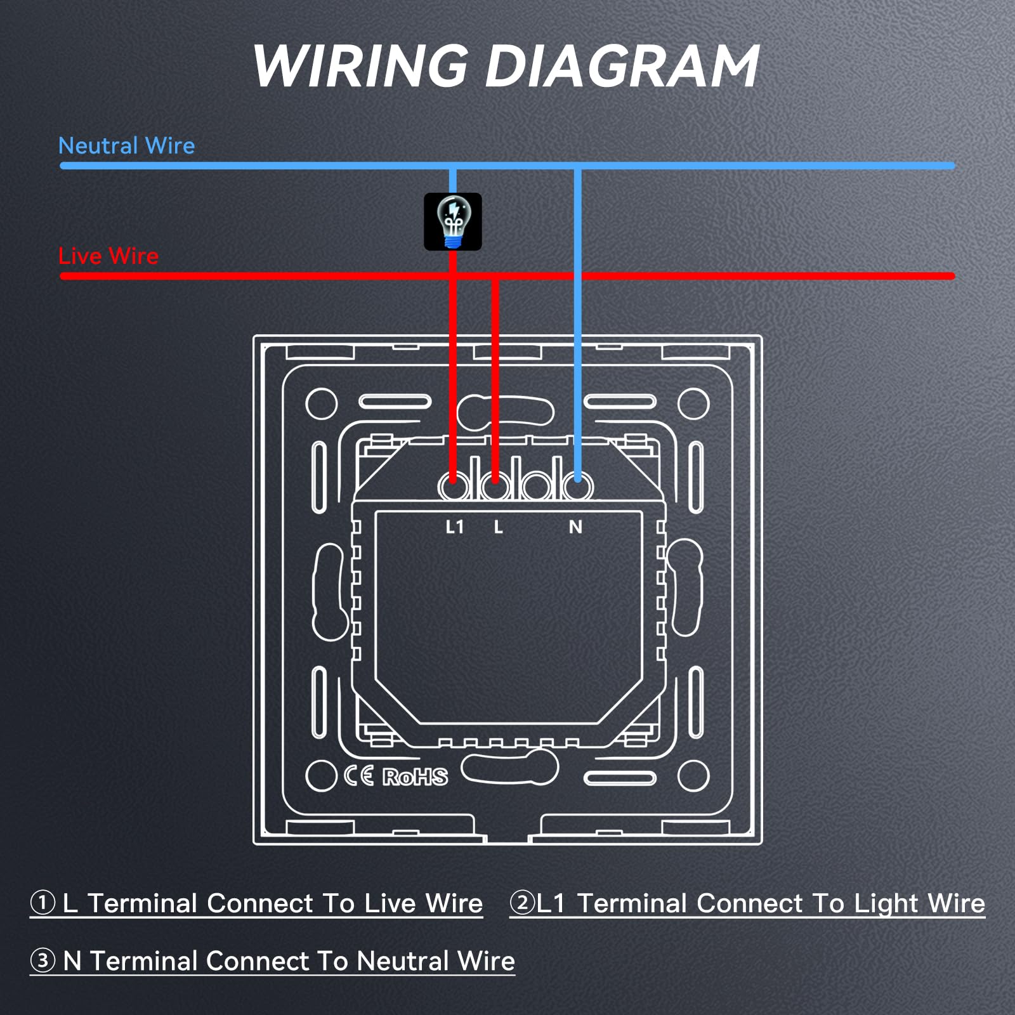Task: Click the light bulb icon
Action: click(x=453, y=221)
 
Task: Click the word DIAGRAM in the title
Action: click(x=622, y=66)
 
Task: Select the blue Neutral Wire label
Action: click(x=126, y=146)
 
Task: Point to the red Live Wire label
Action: click(x=108, y=256)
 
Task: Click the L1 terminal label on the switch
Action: click(x=455, y=527)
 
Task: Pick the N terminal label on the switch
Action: click(x=575, y=527)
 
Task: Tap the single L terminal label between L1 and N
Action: click(x=499, y=527)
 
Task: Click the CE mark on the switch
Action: click(x=359, y=776)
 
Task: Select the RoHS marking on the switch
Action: click(x=415, y=776)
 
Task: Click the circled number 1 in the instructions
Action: click(x=43, y=902)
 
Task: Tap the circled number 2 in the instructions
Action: click(x=523, y=902)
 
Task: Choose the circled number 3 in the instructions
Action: click(x=43, y=960)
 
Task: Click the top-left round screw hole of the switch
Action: click(x=322, y=403)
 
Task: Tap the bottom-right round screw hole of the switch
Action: click(x=693, y=775)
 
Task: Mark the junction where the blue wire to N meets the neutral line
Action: click(x=577, y=166)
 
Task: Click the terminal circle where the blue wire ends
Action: click(x=577, y=487)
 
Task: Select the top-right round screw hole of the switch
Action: click(x=693, y=403)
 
